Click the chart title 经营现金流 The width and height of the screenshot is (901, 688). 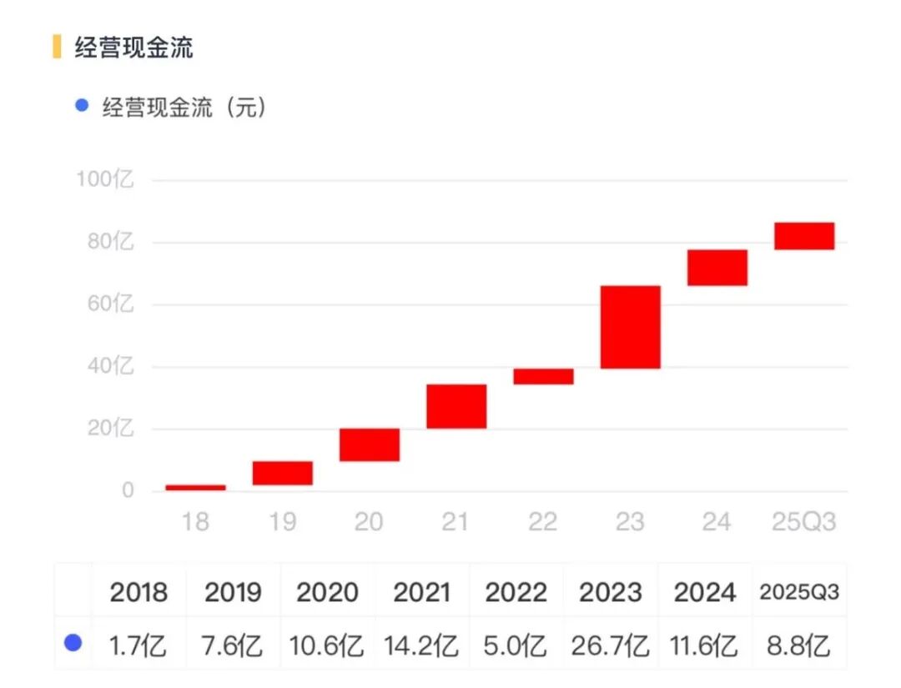pos(134,48)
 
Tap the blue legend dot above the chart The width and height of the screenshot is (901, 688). pos(81,106)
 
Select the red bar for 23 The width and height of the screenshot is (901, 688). pos(630,327)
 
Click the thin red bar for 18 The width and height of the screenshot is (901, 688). pos(195,487)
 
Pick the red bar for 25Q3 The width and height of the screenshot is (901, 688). pos(804,236)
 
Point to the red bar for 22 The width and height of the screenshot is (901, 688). pos(543,376)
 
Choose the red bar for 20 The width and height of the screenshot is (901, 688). pos(369,444)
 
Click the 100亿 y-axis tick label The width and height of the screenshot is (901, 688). pos(105,179)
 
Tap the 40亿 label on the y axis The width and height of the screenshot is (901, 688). pos(111,367)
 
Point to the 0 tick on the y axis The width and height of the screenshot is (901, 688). pos(127,490)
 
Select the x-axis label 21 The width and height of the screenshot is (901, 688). pos(456,522)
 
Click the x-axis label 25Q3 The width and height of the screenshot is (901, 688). pos(803,522)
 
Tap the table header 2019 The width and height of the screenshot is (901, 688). pos(233,593)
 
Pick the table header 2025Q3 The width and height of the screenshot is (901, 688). pos(799,593)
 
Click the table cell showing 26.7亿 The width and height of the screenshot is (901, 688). pos(611,645)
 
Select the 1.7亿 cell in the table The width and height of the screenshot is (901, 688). pos(138,645)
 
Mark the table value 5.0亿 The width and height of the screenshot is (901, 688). pos(516,645)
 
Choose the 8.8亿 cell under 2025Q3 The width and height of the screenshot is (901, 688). pos(799,645)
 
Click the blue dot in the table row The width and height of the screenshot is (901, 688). pos(73,643)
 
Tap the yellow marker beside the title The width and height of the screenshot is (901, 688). pos(57,47)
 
